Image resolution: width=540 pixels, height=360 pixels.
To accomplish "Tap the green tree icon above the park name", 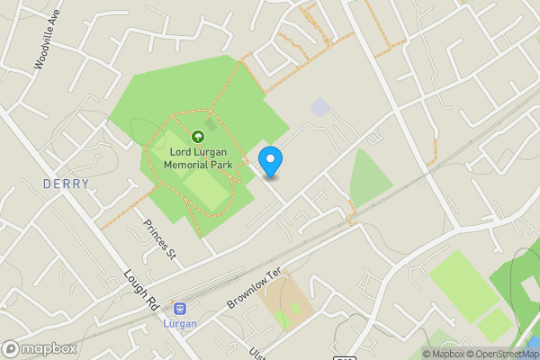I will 197,137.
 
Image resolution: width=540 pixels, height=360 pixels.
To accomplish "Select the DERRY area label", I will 67,184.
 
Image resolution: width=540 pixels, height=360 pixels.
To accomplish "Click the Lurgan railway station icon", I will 179,308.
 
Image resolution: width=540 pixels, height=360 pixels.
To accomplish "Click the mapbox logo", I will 40,348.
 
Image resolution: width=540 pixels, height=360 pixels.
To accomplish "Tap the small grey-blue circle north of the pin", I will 319,107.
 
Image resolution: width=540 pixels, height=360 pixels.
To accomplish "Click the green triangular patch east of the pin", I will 370,180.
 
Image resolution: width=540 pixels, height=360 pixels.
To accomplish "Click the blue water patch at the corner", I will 535,345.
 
